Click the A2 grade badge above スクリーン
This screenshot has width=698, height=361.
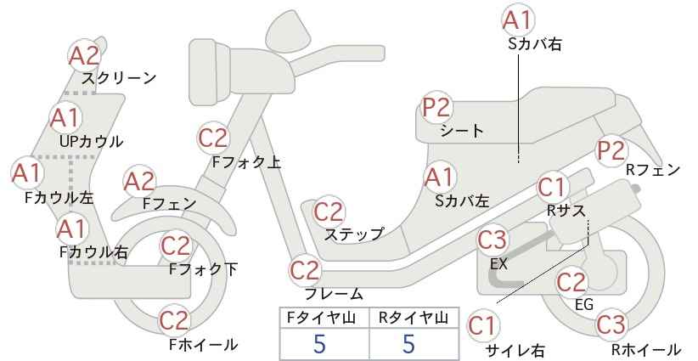[x=84, y=56]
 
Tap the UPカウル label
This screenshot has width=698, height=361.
[x=91, y=142]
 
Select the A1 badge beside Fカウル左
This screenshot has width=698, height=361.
[x=27, y=172]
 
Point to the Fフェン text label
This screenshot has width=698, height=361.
[x=169, y=204]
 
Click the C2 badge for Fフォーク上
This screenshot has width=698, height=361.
[x=213, y=138]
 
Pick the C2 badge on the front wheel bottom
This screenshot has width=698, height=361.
[x=175, y=320]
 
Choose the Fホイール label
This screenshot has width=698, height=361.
[x=204, y=345]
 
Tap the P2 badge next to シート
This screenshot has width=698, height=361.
[x=437, y=108]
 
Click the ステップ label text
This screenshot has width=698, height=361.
[x=354, y=234]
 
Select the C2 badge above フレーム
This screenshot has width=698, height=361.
[x=306, y=271]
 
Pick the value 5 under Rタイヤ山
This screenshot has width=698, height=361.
[x=408, y=344]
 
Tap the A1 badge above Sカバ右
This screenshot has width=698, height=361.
[x=518, y=20]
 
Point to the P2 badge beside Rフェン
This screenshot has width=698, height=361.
[x=611, y=150]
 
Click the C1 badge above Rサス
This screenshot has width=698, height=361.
[x=552, y=189]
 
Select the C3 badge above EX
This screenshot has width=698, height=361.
[x=493, y=241]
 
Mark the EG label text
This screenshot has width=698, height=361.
[x=584, y=304]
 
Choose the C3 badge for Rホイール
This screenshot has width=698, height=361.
[x=611, y=324]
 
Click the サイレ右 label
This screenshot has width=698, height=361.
[x=515, y=351]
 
